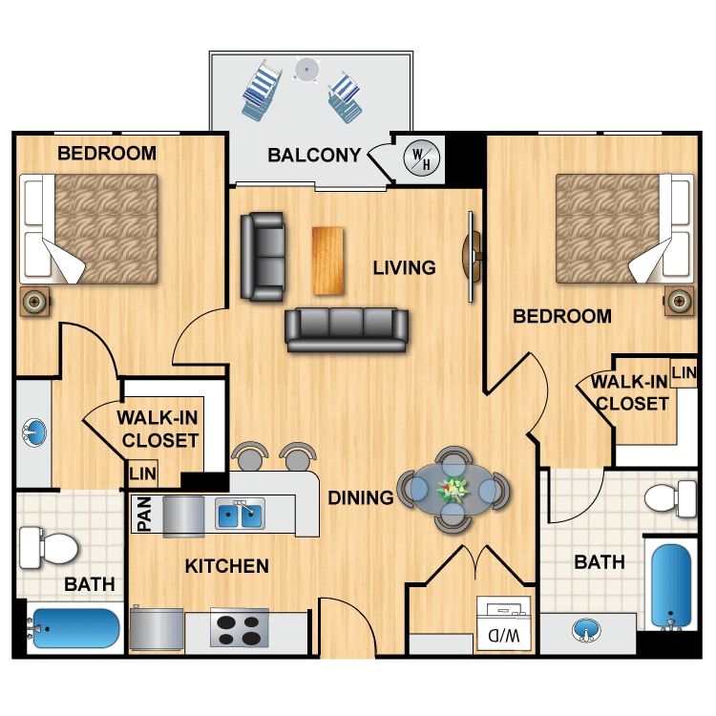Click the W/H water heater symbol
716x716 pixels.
click(x=421, y=158)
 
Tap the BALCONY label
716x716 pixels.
click(x=314, y=156)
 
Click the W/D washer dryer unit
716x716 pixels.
click(x=504, y=623)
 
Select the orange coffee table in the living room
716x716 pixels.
click(x=327, y=261)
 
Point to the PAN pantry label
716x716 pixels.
click(x=144, y=515)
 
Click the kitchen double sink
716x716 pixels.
click(x=240, y=513)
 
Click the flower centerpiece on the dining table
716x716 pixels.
click(x=453, y=489)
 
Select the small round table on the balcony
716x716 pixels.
click(x=306, y=70)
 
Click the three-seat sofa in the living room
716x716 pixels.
click(x=347, y=329)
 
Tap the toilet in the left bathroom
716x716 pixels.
click(x=49, y=548)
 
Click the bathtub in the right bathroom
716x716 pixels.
click(x=671, y=586)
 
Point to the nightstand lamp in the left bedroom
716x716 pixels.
click(x=34, y=301)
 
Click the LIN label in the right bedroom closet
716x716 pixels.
click(x=684, y=372)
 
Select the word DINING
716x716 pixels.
click(x=361, y=497)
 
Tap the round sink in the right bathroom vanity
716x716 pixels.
click(x=586, y=631)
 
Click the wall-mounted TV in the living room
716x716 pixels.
click(x=472, y=256)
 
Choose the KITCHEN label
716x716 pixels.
click(x=227, y=566)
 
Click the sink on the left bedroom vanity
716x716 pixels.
click(x=34, y=432)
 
